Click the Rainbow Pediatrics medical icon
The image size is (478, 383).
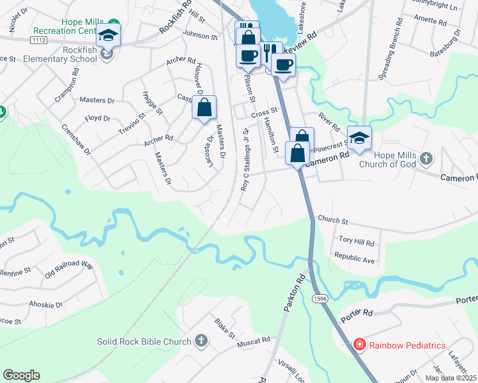(x=360, y=345)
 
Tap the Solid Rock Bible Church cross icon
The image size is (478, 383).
(x=201, y=341)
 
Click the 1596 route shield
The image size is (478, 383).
(x=320, y=298)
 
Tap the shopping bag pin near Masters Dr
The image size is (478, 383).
(x=204, y=109)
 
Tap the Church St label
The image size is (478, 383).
(x=332, y=221)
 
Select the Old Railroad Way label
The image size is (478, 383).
(x=69, y=266)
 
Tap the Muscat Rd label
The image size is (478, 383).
(x=254, y=341)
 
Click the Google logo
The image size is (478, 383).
(x=21, y=375)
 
